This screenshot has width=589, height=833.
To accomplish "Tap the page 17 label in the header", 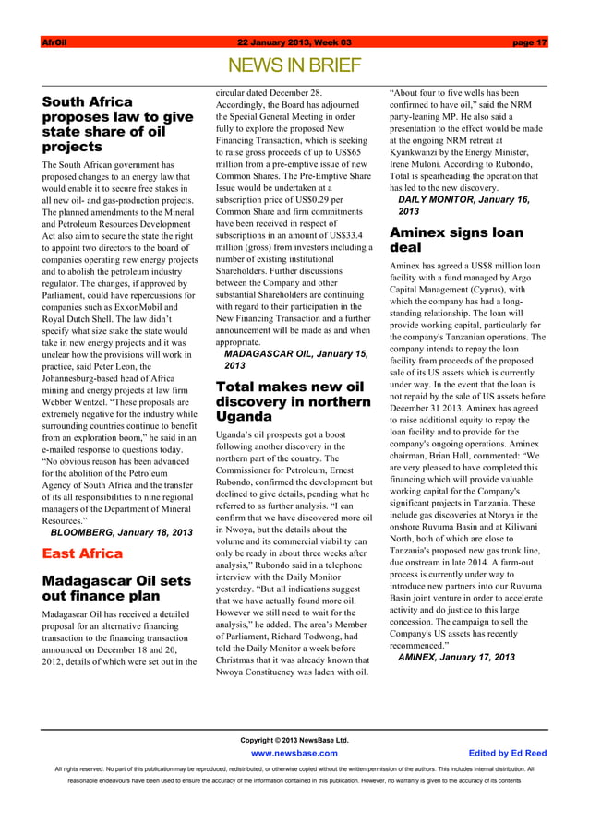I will pos(529,42).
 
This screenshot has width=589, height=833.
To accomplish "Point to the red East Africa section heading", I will pos(82,553).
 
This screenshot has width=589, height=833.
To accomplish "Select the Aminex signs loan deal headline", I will pos(456,240).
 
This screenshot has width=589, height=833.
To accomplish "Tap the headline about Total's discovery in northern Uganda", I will pos(292,401).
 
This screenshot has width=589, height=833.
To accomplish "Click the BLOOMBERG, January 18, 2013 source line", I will pos(121,532).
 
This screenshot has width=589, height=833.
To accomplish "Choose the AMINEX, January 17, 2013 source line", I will pos(456,657).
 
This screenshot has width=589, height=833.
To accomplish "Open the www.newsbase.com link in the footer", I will pos(294,753).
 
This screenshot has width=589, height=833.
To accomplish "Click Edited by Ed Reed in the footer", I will pos(508,753).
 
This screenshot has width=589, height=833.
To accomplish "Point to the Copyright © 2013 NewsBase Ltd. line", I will pos(294,740).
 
